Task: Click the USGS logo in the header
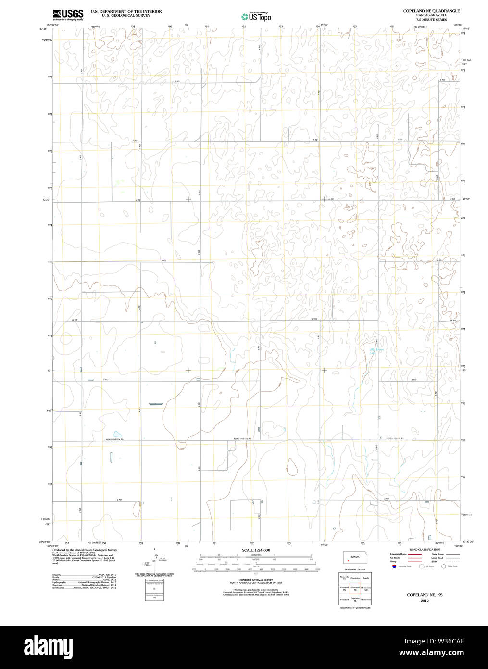(x=68, y=14)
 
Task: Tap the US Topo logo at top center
(x=256, y=16)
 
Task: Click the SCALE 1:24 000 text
(x=256, y=550)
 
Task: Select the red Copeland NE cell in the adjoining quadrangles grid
(x=355, y=588)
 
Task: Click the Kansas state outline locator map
(x=355, y=557)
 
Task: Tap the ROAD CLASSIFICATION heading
(x=425, y=550)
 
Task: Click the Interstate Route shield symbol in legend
(x=394, y=567)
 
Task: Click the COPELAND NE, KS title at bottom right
(x=425, y=595)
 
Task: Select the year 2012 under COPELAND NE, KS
(x=425, y=601)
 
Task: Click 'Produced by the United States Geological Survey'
(x=85, y=550)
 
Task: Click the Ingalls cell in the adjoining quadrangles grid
(x=366, y=577)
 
